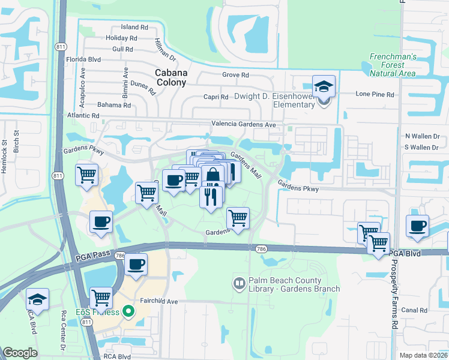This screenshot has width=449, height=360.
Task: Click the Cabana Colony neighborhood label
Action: tap(171, 78)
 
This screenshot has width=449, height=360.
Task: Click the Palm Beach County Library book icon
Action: tap(238, 281)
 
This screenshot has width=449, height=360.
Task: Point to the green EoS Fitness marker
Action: tap(127, 311)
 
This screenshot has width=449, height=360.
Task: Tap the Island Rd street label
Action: tap(134, 27)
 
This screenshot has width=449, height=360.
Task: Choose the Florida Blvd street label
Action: tap(83, 59)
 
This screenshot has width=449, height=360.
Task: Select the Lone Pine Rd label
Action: tap(375, 94)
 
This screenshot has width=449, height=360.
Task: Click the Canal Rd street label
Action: tap(415, 310)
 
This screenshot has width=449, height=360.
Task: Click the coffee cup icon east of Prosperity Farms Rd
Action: tap(417, 226)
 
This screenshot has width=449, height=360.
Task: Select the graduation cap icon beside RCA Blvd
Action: tap(37, 299)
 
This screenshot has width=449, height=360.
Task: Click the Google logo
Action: tap(20, 353)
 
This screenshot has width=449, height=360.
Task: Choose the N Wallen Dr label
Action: tap(422, 136)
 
